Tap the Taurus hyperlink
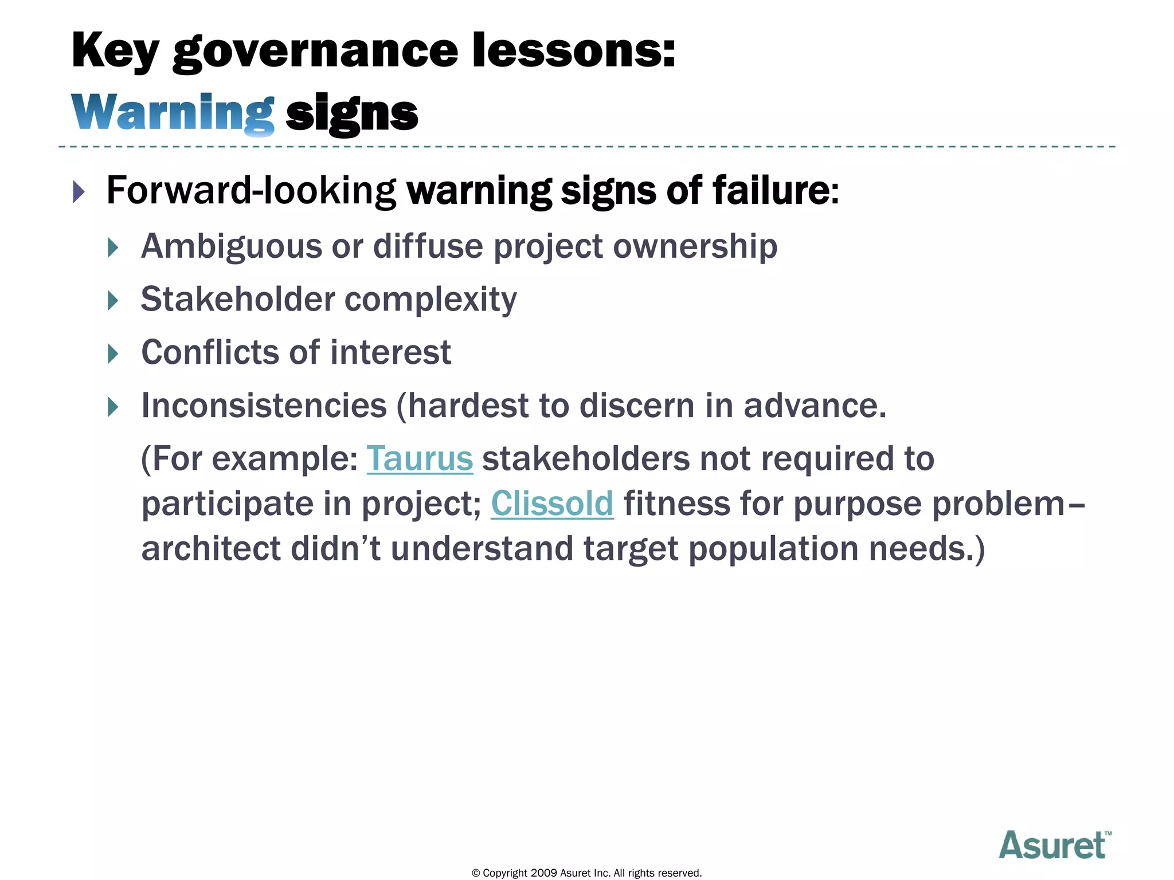420,459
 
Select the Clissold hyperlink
552,504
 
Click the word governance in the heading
315,52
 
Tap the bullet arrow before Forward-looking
79,191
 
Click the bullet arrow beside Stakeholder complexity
113,301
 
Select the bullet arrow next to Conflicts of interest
113,353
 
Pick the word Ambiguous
232,247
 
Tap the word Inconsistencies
264,406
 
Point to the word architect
211,548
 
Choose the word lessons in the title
573,52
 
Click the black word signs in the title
351,113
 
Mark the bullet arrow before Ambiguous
113,248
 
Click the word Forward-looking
251,190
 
